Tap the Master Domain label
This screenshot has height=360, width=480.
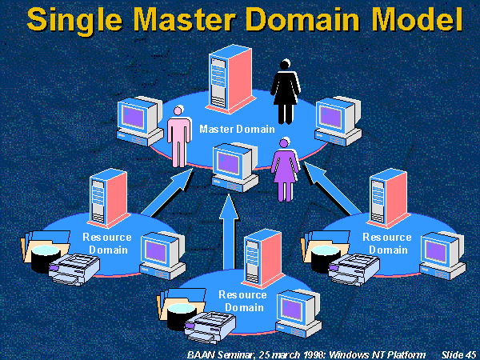[237, 129]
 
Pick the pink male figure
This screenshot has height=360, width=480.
[180, 138]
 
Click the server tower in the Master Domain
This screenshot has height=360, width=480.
[226, 82]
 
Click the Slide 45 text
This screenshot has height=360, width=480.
[458, 352]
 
